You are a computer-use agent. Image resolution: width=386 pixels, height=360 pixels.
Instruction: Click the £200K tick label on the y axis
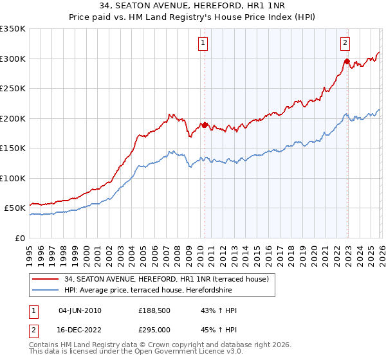click(x=13, y=118)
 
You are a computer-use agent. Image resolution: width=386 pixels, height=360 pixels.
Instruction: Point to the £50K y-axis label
click(x=15, y=208)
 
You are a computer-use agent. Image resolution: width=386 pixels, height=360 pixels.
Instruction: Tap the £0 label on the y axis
click(x=20, y=238)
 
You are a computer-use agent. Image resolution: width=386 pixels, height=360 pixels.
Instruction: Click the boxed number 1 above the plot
click(x=203, y=43)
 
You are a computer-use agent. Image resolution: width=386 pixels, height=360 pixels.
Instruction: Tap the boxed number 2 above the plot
click(x=345, y=43)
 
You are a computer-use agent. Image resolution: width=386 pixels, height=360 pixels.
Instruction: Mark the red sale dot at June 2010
click(x=205, y=125)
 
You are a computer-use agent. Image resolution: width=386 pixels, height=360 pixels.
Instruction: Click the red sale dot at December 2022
click(x=347, y=62)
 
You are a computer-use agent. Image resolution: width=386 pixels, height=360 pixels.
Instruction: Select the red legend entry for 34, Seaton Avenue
click(x=170, y=278)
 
